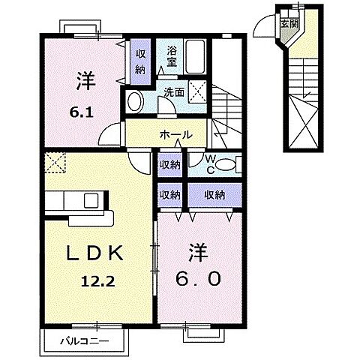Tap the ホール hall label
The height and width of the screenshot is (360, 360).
click(175, 135)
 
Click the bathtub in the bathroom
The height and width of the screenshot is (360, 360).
click(197, 55)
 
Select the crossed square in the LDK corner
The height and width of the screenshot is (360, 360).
click(55, 160)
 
